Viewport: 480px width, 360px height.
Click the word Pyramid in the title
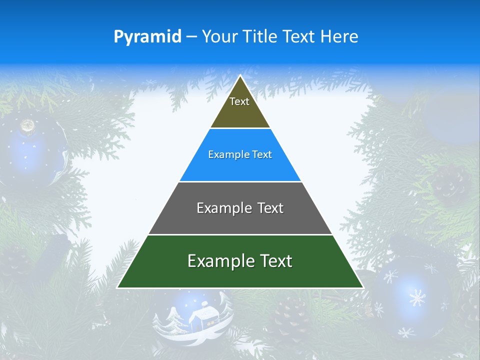click(147, 36)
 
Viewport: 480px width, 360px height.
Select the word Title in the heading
click(261, 36)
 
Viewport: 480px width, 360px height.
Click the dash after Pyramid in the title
click(191, 37)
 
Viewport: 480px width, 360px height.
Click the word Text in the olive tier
click(239, 101)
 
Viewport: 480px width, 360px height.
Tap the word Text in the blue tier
click(262, 155)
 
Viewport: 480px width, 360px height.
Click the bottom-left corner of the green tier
click(117, 287)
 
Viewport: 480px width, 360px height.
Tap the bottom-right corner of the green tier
click(363, 287)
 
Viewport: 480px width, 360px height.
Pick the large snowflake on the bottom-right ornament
click(416, 298)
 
